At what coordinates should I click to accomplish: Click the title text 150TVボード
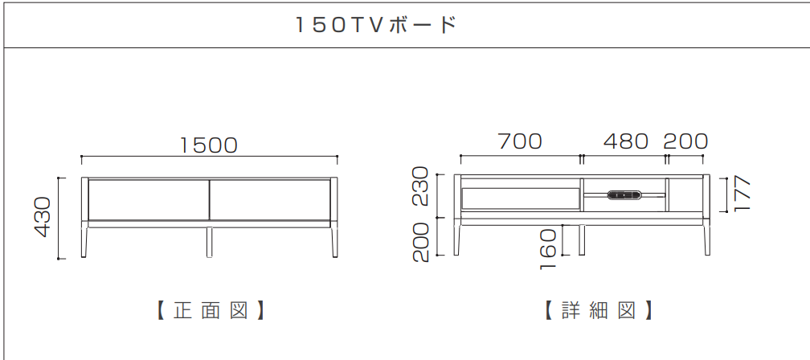tap(376, 25)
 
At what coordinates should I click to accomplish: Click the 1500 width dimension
tap(209, 145)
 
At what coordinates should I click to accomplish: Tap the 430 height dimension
tap(43, 216)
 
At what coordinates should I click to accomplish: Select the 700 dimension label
tap(520, 141)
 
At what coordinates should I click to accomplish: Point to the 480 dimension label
tap(625, 141)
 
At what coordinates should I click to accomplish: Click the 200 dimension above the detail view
tap(685, 141)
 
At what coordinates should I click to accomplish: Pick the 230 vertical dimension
tap(421, 186)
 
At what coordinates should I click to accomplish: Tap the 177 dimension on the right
tap(742, 193)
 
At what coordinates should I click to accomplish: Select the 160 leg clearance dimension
tap(547, 249)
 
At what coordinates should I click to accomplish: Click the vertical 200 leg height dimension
tap(421, 242)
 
